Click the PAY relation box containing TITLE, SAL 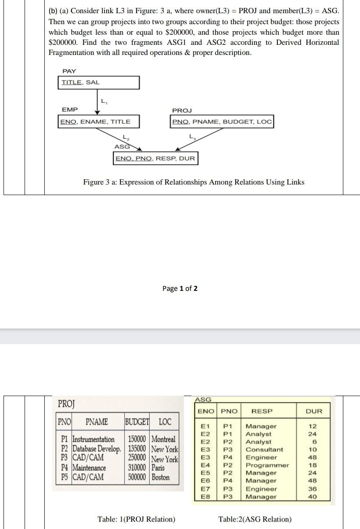click(x=99, y=83)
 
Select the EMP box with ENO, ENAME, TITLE click(x=95, y=122)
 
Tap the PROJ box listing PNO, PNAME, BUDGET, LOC click(x=222, y=122)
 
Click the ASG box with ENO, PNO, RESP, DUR click(x=155, y=158)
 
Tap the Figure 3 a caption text click(x=194, y=182)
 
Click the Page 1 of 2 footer click(x=180, y=288)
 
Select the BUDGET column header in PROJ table click(x=137, y=422)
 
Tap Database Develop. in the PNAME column click(x=97, y=449)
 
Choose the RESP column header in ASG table click(x=262, y=411)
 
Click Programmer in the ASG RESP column click(x=267, y=465)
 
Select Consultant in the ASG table click(x=264, y=449)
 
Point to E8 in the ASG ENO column click(x=205, y=496)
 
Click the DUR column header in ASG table click(x=314, y=411)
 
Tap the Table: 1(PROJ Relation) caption click(x=136, y=519)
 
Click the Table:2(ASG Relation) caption click(x=255, y=519)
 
